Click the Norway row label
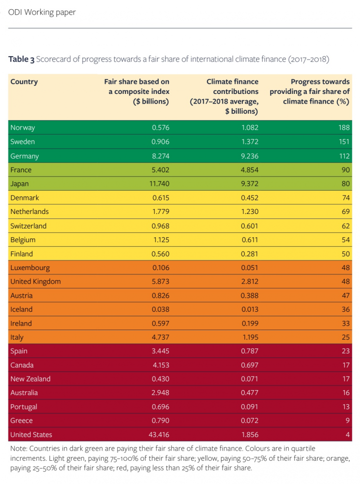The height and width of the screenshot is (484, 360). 23,128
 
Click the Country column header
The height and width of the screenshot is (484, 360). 24,82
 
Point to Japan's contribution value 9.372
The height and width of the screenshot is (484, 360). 249,184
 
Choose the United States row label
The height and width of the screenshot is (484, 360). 31,435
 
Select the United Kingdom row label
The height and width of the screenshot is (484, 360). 35,282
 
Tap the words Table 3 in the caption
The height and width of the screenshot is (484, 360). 21,60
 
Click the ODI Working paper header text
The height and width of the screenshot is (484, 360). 42,12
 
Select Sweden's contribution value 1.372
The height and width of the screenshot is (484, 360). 249,142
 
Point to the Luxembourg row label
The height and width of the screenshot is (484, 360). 30,268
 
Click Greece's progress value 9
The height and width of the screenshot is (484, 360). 347,421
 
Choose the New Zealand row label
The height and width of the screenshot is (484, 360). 30,379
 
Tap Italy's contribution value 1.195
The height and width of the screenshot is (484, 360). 249,337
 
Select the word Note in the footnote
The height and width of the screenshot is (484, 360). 18,449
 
